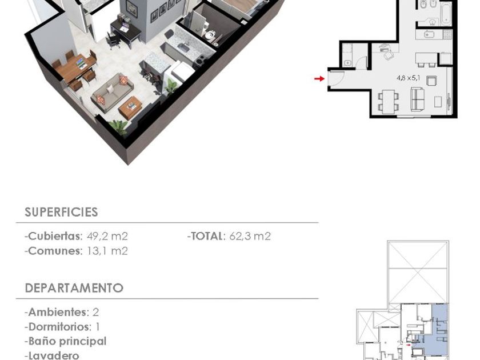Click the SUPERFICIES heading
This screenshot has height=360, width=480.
(x=61, y=212)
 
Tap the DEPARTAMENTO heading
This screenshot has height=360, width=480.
(x=74, y=288)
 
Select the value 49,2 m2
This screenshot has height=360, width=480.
(x=107, y=237)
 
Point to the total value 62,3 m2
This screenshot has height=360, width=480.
(x=250, y=237)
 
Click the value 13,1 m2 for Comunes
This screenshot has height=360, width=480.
(x=107, y=251)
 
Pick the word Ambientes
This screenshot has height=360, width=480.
(x=57, y=312)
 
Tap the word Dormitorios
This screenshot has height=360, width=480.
(x=59, y=327)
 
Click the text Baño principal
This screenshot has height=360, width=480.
(x=67, y=341)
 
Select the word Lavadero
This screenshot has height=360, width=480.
(x=54, y=355)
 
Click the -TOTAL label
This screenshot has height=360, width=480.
(x=206, y=237)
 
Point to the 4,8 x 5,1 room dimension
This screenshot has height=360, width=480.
(x=409, y=78)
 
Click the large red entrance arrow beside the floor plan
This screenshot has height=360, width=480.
(x=319, y=79)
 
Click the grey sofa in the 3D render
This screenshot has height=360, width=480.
(x=112, y=91)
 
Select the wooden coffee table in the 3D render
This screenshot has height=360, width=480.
(x=130, y=108)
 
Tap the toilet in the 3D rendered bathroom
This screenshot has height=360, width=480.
(x=210, y=35)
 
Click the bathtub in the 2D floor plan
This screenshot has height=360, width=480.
(x=446, y=14)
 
